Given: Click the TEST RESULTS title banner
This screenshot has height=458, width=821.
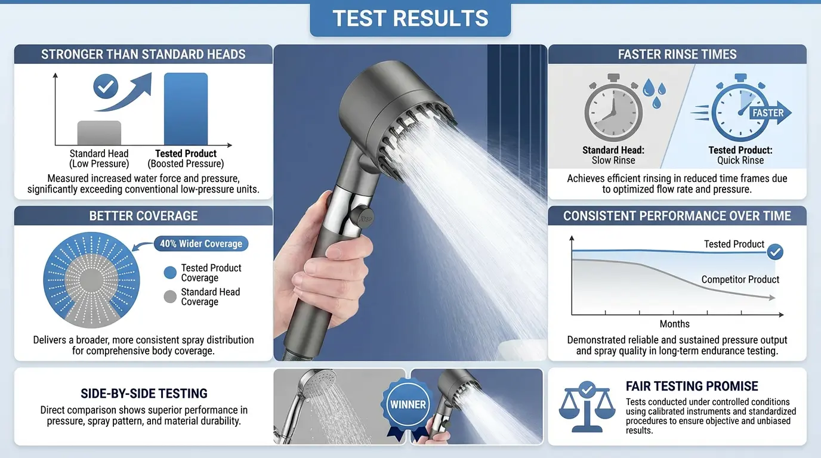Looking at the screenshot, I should click(x=410, y=19).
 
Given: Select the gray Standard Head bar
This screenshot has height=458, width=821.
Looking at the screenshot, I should click(x=99, y=133).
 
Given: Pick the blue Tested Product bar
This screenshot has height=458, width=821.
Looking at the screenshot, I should click(x=186, y=109).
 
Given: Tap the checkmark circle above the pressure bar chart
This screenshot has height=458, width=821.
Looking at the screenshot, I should click(x=106, y=87).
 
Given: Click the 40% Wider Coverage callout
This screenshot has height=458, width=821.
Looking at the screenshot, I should click(x=202, y=243).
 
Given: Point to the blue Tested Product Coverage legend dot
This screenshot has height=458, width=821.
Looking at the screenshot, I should click(x=170, y=273).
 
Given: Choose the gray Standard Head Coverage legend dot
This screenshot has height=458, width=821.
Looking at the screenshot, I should click(x=170, y=296).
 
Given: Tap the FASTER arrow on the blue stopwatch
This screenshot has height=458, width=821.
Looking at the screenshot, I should click(x=770, y=113).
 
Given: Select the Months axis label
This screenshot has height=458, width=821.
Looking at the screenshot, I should click(x=674, y=324).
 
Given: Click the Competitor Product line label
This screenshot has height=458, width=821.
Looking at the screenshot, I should click(x=740, y=279).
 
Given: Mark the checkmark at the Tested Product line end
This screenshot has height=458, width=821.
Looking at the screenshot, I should click(x=774, y=252).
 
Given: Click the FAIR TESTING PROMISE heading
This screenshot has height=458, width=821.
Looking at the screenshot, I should click(x=692, y=386).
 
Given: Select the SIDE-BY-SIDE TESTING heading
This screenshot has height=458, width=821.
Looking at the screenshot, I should click(x=144, y=394).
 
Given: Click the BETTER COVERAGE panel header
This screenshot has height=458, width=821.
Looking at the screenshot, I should click(x=143, y=216).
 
